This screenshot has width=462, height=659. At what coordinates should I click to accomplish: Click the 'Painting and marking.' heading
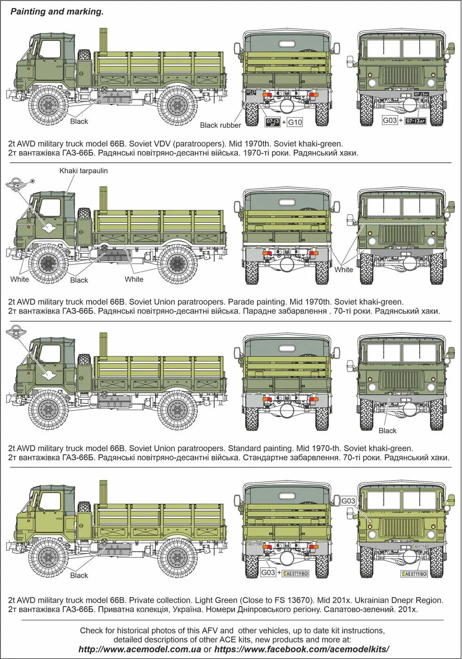pos(57,12)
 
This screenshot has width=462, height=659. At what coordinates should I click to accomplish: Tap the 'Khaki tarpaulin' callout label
pos(83,171)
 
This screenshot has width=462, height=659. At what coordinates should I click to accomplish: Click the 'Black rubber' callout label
pos(220,125)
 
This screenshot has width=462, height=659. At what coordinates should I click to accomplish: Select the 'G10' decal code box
pos(295,122)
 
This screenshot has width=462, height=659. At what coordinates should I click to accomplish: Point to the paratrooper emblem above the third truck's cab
pos(16,333)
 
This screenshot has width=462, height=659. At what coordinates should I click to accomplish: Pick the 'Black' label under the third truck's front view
pos(387,431)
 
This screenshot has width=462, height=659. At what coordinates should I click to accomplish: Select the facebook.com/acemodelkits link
pos(301,649)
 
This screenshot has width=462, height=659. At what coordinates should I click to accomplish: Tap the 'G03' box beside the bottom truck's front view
pos(348,501)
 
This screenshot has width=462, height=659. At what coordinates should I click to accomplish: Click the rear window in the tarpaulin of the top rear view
pos(286,45)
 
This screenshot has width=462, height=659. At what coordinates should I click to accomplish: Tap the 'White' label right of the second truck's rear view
pos(343,270)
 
